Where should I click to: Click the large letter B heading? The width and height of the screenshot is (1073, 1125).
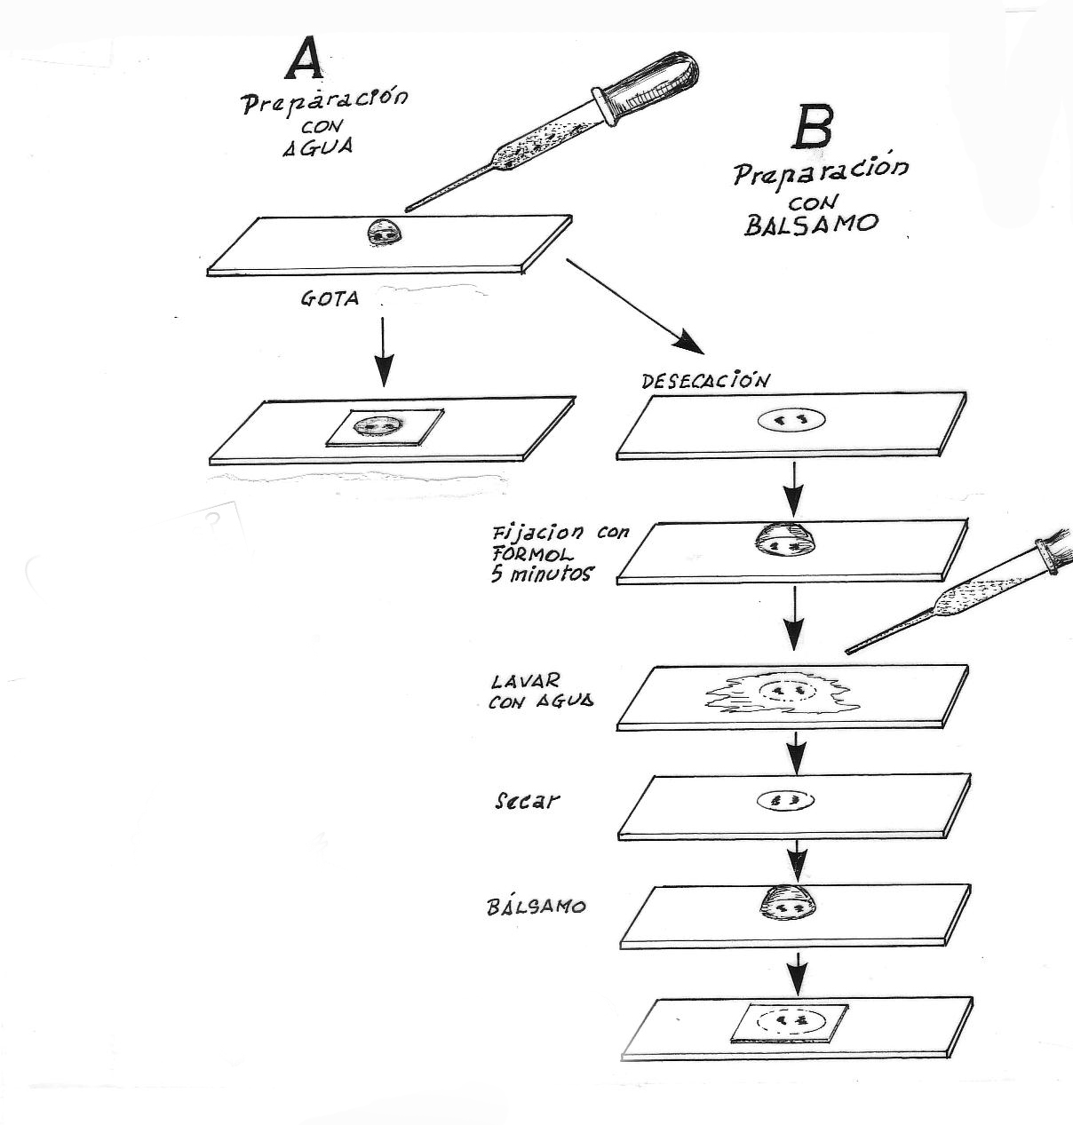click(813, 128)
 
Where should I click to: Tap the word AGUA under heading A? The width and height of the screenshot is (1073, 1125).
click(317, 147)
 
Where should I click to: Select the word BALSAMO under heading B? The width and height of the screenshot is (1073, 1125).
click(810, 224)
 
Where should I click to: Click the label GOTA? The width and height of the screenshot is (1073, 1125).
click(330, 299)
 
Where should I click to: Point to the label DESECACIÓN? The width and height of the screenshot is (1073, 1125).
click(705, 381)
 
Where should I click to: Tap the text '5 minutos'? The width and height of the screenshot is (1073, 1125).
click(541, 574)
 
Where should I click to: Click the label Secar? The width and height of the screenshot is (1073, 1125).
click(527, 800)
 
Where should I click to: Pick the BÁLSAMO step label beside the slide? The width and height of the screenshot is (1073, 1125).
click(536, 907)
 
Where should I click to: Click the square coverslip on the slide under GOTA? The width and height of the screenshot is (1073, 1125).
click(385, 428)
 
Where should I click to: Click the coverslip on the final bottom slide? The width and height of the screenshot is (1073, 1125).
click(788, 1021)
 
